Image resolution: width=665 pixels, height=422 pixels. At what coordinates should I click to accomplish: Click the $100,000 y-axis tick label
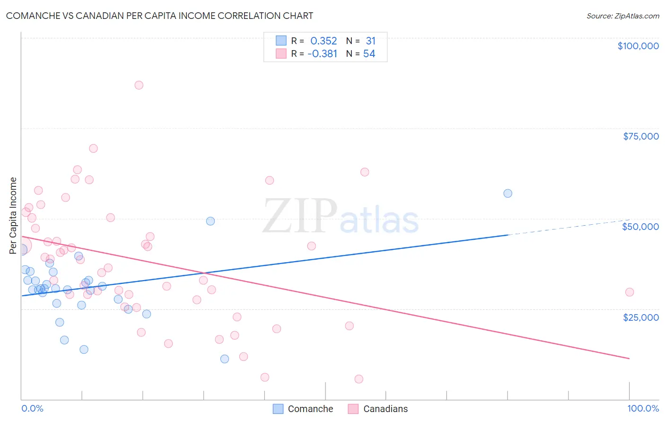click(x=638, y=46)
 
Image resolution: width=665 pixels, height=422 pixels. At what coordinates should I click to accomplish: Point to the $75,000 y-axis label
click(x=641, y=136)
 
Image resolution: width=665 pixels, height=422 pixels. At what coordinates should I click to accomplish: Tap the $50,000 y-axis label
click(x=640, y=227)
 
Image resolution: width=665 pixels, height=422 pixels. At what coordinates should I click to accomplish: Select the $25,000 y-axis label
click(x=641, y=317)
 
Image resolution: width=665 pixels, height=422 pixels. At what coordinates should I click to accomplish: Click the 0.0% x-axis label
click(x=32, y=408)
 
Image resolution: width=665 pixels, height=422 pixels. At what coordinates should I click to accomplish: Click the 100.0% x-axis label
click(x=643, y=408)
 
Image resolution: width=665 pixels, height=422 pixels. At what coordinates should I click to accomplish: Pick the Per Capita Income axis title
click(x=13, y=215)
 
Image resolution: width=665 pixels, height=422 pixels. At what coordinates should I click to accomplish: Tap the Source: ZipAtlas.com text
click(x=622, y=16)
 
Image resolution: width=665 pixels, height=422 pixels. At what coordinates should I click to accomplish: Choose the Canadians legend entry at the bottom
click(x=378, y=409)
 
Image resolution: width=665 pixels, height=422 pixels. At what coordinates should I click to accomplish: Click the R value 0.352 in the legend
click(x=324, y=41)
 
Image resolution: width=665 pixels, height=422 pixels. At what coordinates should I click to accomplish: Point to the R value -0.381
click(x=322, y=54)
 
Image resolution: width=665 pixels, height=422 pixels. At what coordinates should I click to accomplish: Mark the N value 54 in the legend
click(x=369, y=54)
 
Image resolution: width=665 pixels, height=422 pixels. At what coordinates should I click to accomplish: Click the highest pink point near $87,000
click(x=139, y=85)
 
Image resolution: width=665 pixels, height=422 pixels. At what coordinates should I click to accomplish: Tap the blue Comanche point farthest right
click(x=507, y=193)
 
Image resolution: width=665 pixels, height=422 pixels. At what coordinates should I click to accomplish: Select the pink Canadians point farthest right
click(x=629, y=292)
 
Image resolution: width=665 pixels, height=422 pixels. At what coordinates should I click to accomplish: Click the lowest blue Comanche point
click(x=225, y=359)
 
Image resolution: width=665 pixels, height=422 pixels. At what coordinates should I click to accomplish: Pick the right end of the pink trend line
click(x=629, y=359)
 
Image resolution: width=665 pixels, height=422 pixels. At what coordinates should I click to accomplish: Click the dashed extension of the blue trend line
click(x=568, y=227)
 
